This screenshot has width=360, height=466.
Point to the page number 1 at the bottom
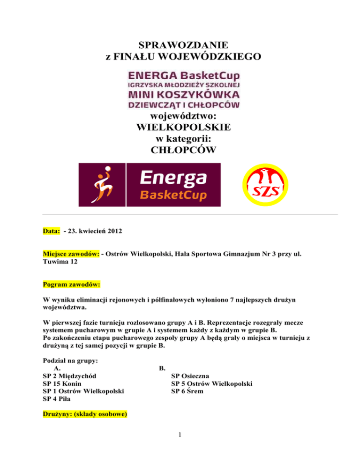click(180, 445)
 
